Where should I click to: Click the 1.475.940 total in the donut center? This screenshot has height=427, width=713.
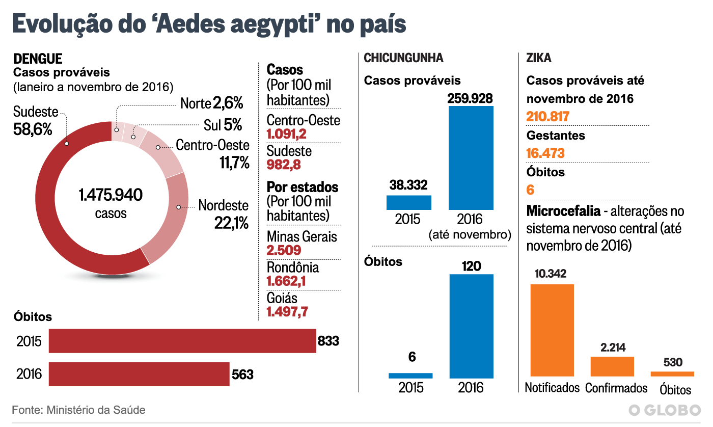111,195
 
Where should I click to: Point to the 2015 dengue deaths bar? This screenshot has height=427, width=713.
182,341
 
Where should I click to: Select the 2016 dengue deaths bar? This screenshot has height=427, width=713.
139,375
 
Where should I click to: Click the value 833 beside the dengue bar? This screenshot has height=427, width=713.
328,341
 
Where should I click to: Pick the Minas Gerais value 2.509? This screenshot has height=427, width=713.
284,250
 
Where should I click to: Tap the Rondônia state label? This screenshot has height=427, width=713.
293,268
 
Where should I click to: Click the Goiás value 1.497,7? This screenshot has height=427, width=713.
287,311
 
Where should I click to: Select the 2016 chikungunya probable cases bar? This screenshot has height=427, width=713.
471,157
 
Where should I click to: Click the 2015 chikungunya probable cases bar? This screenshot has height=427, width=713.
408,202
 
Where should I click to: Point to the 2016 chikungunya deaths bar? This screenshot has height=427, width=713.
471,326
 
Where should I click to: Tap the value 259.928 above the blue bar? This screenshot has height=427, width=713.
470,98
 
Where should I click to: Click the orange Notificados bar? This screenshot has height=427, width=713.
552,330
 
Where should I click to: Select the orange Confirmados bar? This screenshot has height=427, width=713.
612,366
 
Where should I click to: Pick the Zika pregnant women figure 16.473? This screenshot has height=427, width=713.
545,153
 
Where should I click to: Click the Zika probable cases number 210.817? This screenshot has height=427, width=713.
547,117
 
